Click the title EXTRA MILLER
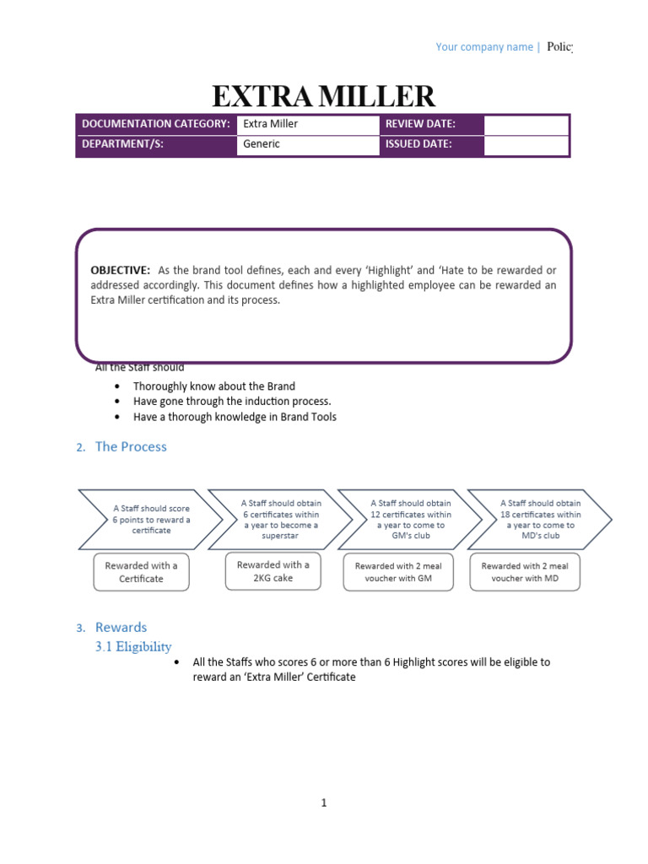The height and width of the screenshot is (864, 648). click(x=323, y=96)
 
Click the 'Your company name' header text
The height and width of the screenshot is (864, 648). click(x=483, y=47)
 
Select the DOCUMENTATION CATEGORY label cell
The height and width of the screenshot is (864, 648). click(x=155, y=124)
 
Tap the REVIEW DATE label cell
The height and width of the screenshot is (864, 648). click(x=431, y=124)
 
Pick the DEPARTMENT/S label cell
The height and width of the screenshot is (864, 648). click(x=155, y=144)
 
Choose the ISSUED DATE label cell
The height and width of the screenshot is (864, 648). click(x=431, y=144)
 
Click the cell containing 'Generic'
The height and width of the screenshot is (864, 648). click(x=307, y=144)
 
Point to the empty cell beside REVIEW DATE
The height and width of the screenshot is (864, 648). click(x=526, y=124)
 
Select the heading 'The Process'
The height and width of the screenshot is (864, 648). click(x=131, y=447)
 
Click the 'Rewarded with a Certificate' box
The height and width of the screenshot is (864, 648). click(x=141, y=572)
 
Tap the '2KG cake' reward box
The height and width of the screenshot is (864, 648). click(x=273, y=571)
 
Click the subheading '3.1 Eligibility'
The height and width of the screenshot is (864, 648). click(x=133, y=647)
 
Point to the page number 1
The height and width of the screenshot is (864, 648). click(x=323, y=803)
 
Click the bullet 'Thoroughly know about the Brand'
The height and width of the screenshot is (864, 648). click(x=214, y=386)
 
